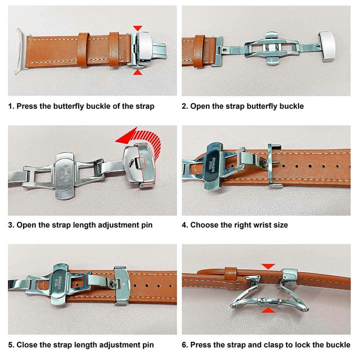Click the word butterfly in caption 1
(x=69, y=106)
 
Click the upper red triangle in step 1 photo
(x=138, y=28)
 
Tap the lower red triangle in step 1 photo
(x=138, y=72)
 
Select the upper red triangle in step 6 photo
(x=268, y=266)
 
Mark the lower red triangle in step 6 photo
(x=268, y=311)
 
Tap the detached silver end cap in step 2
(x=326, y=47)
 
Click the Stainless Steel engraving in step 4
(x=212, y=164)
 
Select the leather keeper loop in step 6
(x=230, y=274)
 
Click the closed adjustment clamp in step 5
(x=122, y=285)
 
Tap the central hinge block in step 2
(x=271, y=48)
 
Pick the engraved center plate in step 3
(x=65, y=176)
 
